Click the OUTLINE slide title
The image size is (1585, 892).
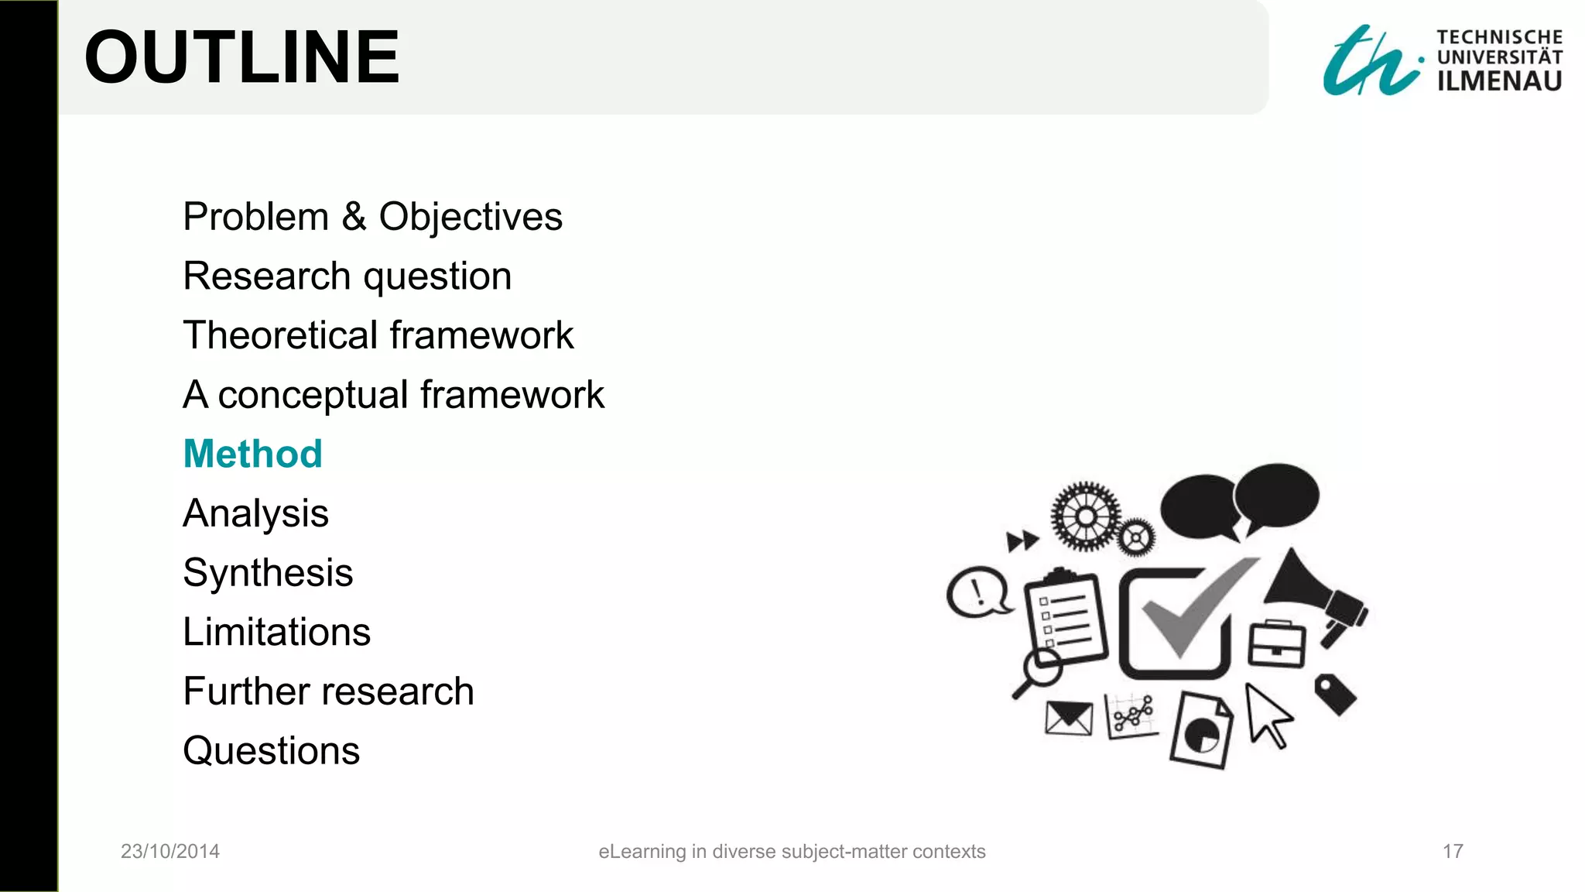point(241,57)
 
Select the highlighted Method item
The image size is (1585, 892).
point(252,454)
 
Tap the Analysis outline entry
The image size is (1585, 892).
point(255,513)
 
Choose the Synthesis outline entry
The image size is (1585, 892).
point(268,573)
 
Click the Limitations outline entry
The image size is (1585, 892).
point(276,632)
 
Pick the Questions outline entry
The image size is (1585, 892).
point(271,750)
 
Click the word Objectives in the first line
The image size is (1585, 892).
point(470,217)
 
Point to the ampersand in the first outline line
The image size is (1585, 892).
point(354,216)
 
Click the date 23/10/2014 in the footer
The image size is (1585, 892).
point(170,851)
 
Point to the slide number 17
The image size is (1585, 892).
point(1453,851)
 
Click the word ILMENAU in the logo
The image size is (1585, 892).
point(1499,81)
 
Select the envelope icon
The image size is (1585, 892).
point(1068,719)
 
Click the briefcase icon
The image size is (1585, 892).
point(1276,643)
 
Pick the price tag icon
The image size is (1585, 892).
point(1335,693)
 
